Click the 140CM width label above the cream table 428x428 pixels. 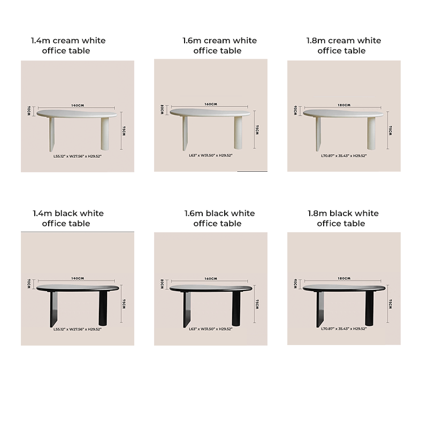coord(78,105)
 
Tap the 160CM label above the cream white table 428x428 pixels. coord(211,104)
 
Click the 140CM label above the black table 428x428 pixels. coord(78,278)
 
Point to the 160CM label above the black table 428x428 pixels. coord(211,278)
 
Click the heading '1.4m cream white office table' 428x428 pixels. coord(68,45)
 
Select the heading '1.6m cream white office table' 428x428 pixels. coord(217,45)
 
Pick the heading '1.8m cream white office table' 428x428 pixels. coord(343,45)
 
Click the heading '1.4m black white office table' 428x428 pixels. coord(68,218)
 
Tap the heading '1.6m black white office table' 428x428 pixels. coord(217,218)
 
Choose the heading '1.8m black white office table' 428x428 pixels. coord(343,218)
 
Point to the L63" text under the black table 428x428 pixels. coord(211,329)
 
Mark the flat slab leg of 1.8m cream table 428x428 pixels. coord(318,133)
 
